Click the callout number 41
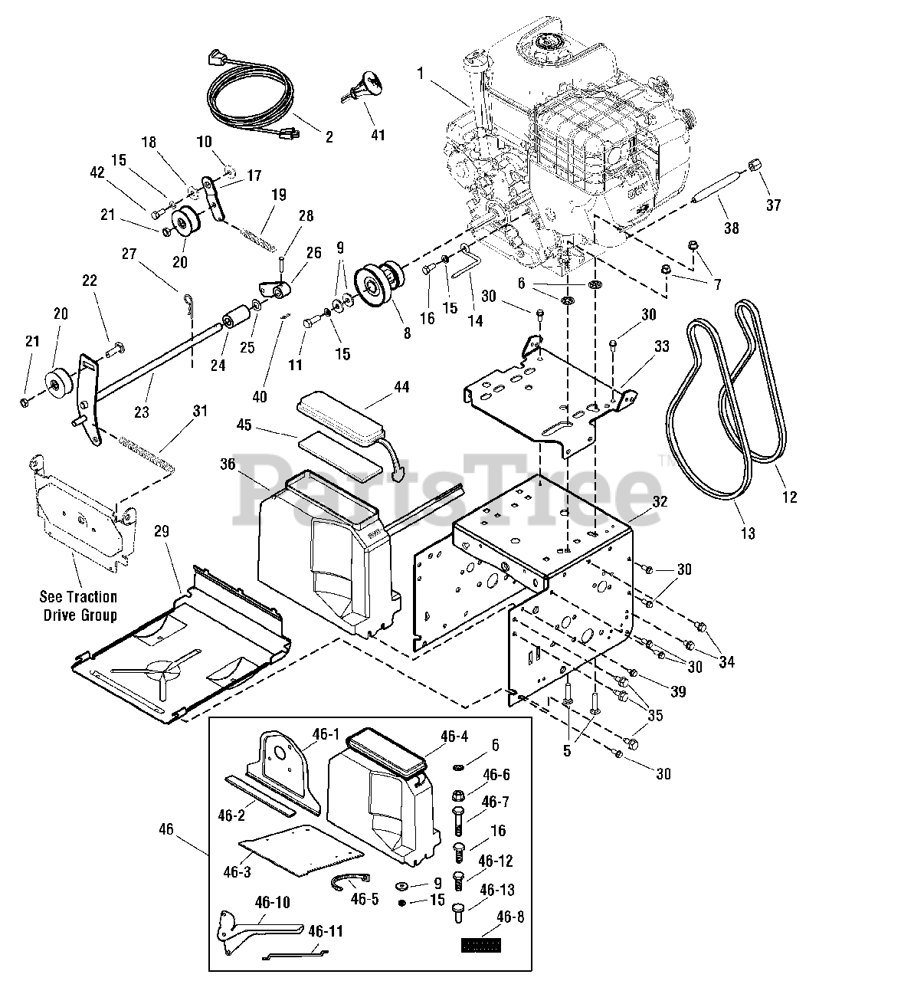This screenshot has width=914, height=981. tap(378, 135)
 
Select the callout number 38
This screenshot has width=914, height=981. tap(731, 228)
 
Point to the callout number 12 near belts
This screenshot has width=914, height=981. tap(789, 497)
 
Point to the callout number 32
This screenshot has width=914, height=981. tap(660, 501)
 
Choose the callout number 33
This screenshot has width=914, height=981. tap(661, 347)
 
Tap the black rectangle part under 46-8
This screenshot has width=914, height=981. tap(480, 945)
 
